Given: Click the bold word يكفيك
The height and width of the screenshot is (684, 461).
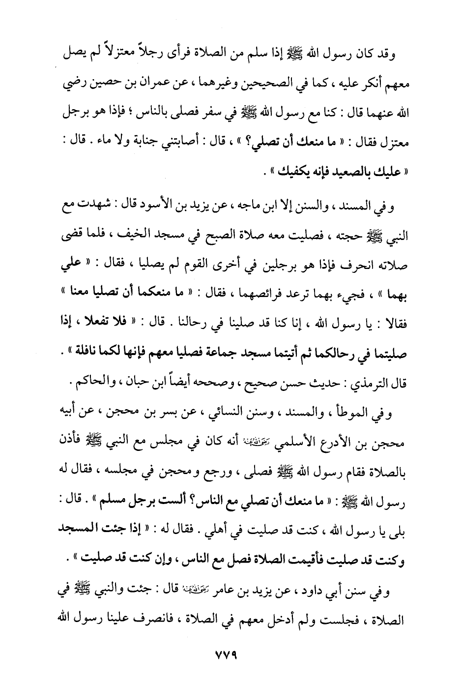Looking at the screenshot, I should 286,172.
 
